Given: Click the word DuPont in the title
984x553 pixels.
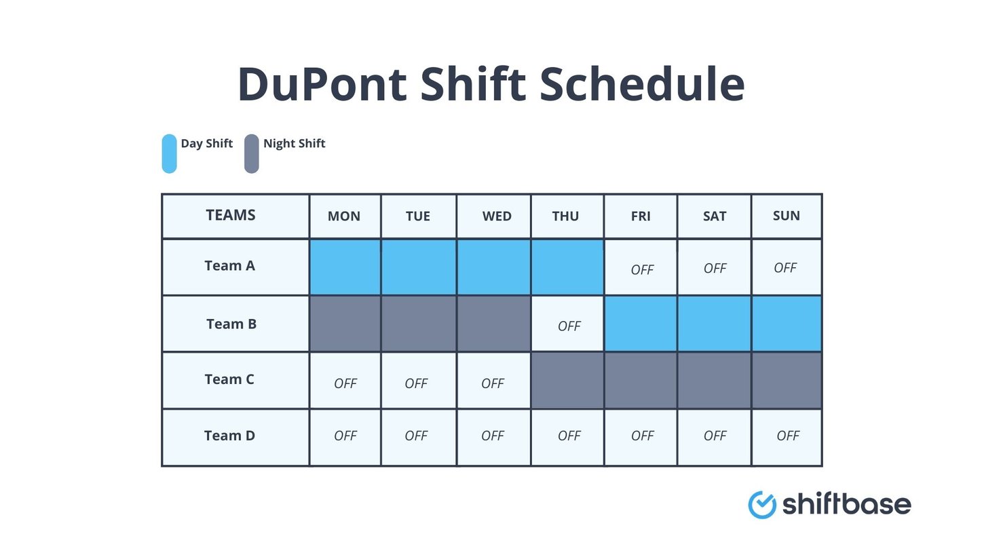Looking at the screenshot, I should click(x=322, y=84).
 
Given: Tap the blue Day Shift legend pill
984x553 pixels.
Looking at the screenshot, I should click(x=169, y=153).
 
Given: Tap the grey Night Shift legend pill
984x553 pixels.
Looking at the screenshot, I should click(x=251, y=153).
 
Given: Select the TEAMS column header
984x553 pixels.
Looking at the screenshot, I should click(x=231, y=216).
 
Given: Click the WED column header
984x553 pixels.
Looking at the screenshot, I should click(x=496, y=216).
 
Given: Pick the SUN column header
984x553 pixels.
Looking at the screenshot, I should click(x=786, y=216).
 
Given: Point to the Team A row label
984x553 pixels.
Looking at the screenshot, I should click(x=229, y=266).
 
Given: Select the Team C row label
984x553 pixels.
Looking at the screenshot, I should click(x=229, y=379).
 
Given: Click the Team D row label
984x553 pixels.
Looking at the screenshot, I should click(x=229, y=436).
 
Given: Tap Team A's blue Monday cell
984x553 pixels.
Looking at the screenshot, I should click(x=345, y=267).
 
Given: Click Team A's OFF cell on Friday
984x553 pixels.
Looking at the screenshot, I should click(x=641, y=269).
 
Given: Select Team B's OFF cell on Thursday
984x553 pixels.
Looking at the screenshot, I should click(x=569, y=326).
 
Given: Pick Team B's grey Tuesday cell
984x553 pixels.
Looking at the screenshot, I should click(x=418, y=324).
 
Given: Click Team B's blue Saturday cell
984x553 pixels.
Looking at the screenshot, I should click(x=714, y=324).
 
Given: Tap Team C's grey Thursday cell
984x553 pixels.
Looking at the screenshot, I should click(x=567, y=380).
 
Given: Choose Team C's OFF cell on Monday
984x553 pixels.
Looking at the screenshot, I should click(x=345, y=383).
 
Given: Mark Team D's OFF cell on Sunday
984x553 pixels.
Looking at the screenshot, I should click(x=787, y=436).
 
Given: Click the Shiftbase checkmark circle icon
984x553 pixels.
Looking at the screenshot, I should click(x=761, y=505).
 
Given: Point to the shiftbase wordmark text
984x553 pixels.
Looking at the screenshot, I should click(x=846, y=505).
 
